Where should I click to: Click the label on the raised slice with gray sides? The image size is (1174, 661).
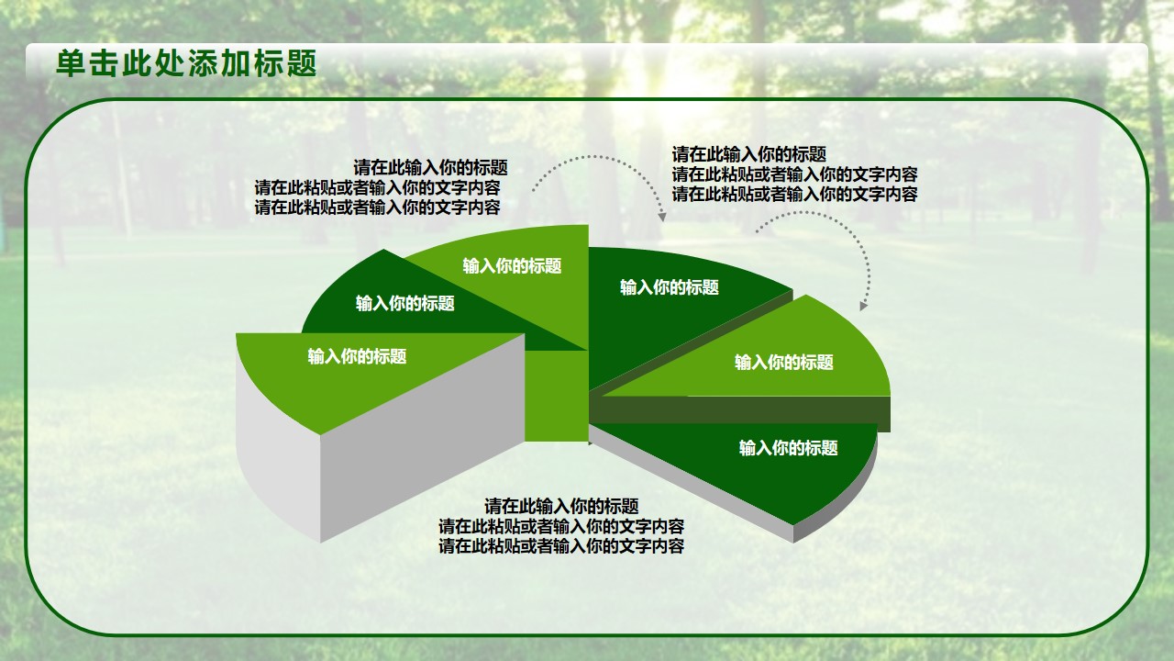point(357,357)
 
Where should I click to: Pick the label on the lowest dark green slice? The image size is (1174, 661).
point(788,448)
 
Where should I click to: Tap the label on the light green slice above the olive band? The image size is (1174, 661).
point(783,363)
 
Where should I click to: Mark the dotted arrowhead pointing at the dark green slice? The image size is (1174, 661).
point(662,216)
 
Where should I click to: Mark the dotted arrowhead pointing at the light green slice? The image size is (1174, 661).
point(864,306)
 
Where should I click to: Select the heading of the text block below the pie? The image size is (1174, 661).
point(561,507)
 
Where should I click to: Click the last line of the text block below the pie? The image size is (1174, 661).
point(561,546)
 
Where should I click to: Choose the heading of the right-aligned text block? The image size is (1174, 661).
point(430,168)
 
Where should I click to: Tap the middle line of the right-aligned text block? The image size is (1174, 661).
point(377,188)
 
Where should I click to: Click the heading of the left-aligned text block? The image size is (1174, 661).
point(749,155)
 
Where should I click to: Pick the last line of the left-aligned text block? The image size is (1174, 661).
point(795,194)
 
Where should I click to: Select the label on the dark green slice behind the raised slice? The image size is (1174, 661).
point(405,304)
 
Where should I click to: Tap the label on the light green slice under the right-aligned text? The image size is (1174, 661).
point(512,266)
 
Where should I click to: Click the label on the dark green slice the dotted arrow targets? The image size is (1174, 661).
point(670,287)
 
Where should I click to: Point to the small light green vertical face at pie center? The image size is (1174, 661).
point(556,396)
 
